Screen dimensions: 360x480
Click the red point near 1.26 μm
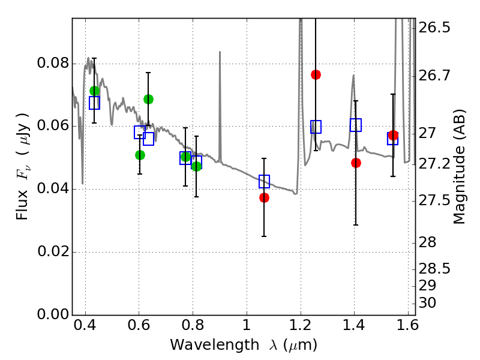316,74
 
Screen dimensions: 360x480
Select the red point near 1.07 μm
264,197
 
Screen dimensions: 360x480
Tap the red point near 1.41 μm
356,163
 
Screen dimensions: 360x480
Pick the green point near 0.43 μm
94,91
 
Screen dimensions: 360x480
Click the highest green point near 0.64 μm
148,99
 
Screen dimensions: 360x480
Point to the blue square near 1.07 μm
264,181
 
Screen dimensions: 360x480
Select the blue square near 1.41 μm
356,125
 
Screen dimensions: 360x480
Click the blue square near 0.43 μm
94,103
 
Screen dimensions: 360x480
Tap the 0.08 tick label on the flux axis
52,64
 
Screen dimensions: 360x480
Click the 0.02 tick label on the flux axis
52,252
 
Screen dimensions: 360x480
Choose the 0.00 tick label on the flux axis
52,314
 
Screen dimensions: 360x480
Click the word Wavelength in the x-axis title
208,345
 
